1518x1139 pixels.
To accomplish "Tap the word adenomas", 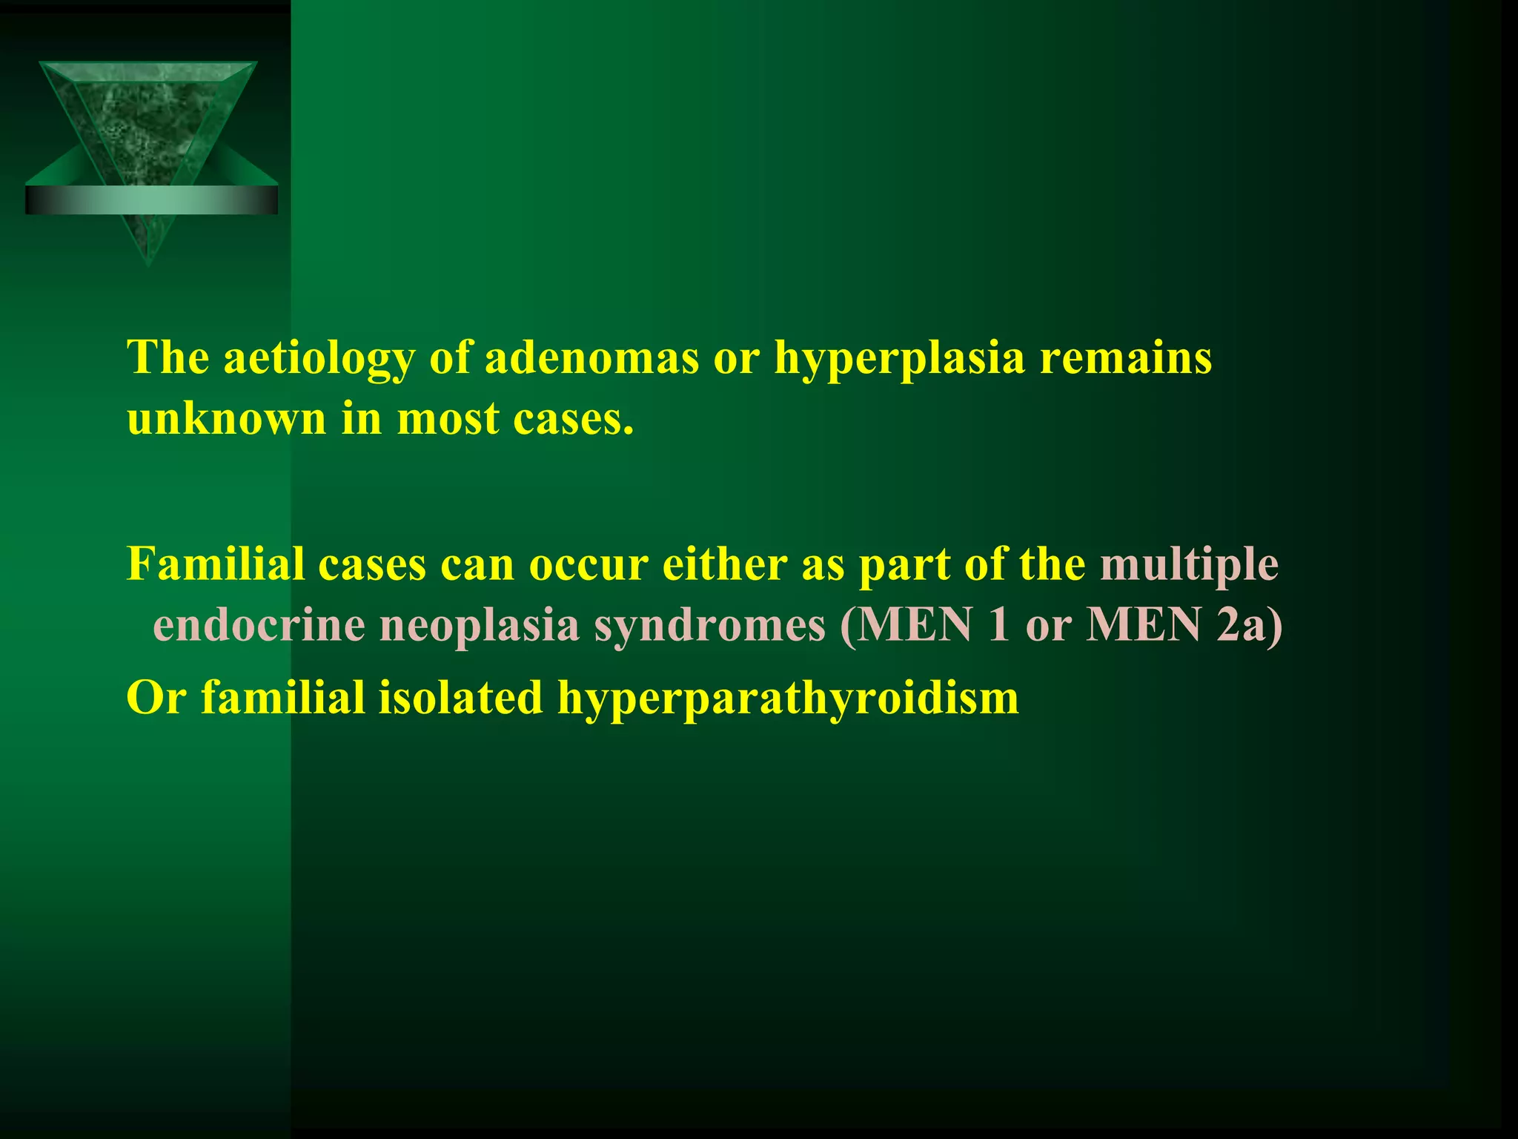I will [591, 357].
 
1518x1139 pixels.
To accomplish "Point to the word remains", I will [1126, 357].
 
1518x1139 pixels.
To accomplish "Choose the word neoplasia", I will [479, 627].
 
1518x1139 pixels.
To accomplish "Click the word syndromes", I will [709, 627].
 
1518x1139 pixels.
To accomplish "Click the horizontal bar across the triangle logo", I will [151, 200].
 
